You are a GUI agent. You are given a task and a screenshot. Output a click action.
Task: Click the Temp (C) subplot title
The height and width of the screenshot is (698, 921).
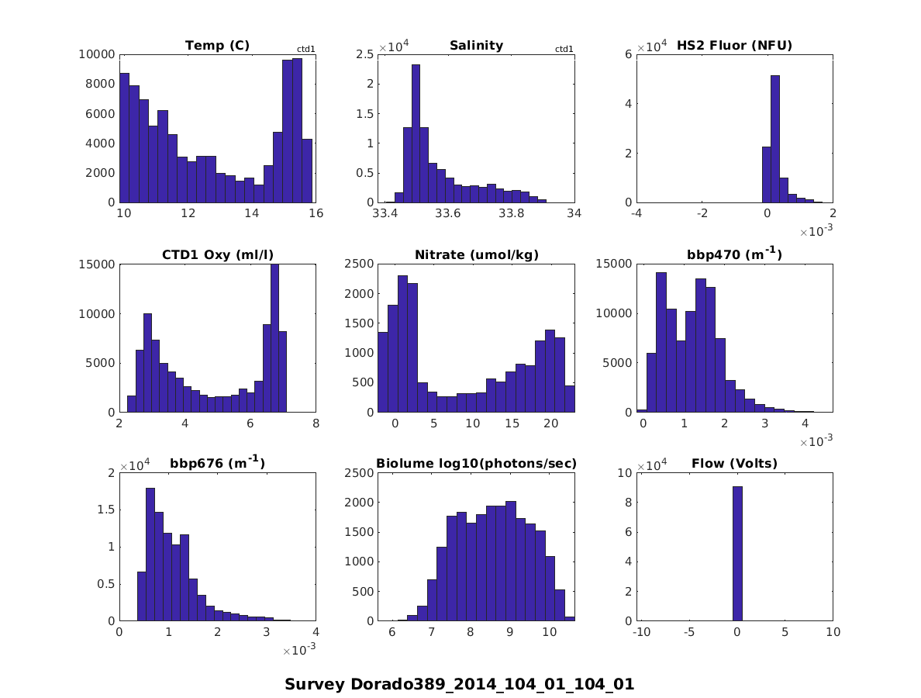tap(217, 46)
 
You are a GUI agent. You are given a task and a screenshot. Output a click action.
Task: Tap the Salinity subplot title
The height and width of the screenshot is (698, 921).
tap(476, 46)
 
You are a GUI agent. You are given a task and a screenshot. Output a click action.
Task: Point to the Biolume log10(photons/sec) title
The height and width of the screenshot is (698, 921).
tap(476, 464)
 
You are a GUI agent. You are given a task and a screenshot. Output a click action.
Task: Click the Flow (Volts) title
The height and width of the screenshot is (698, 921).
tap(734, 464)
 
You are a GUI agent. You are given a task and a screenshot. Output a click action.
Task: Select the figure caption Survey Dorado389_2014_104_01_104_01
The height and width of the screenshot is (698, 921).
tap(460, 684)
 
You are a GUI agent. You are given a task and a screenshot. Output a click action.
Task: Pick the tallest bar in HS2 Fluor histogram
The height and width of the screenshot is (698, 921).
tap(774, 139)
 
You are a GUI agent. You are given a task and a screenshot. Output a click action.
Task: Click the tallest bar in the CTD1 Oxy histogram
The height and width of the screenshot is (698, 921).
tap(274, 338)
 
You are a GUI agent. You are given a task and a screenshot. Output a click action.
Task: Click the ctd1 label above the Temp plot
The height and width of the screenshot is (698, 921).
tap(305, 50)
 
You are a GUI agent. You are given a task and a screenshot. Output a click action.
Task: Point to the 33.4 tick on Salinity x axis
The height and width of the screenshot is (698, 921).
tap(385, 213)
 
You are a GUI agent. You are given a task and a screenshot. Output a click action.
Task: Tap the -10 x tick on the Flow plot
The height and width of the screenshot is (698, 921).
tap(641, 632)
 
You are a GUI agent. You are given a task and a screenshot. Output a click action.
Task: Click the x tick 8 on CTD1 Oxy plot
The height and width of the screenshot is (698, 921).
tap(316, 423)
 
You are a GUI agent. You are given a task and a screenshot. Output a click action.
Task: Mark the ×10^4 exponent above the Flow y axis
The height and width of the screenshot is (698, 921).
tap(653, 466)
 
